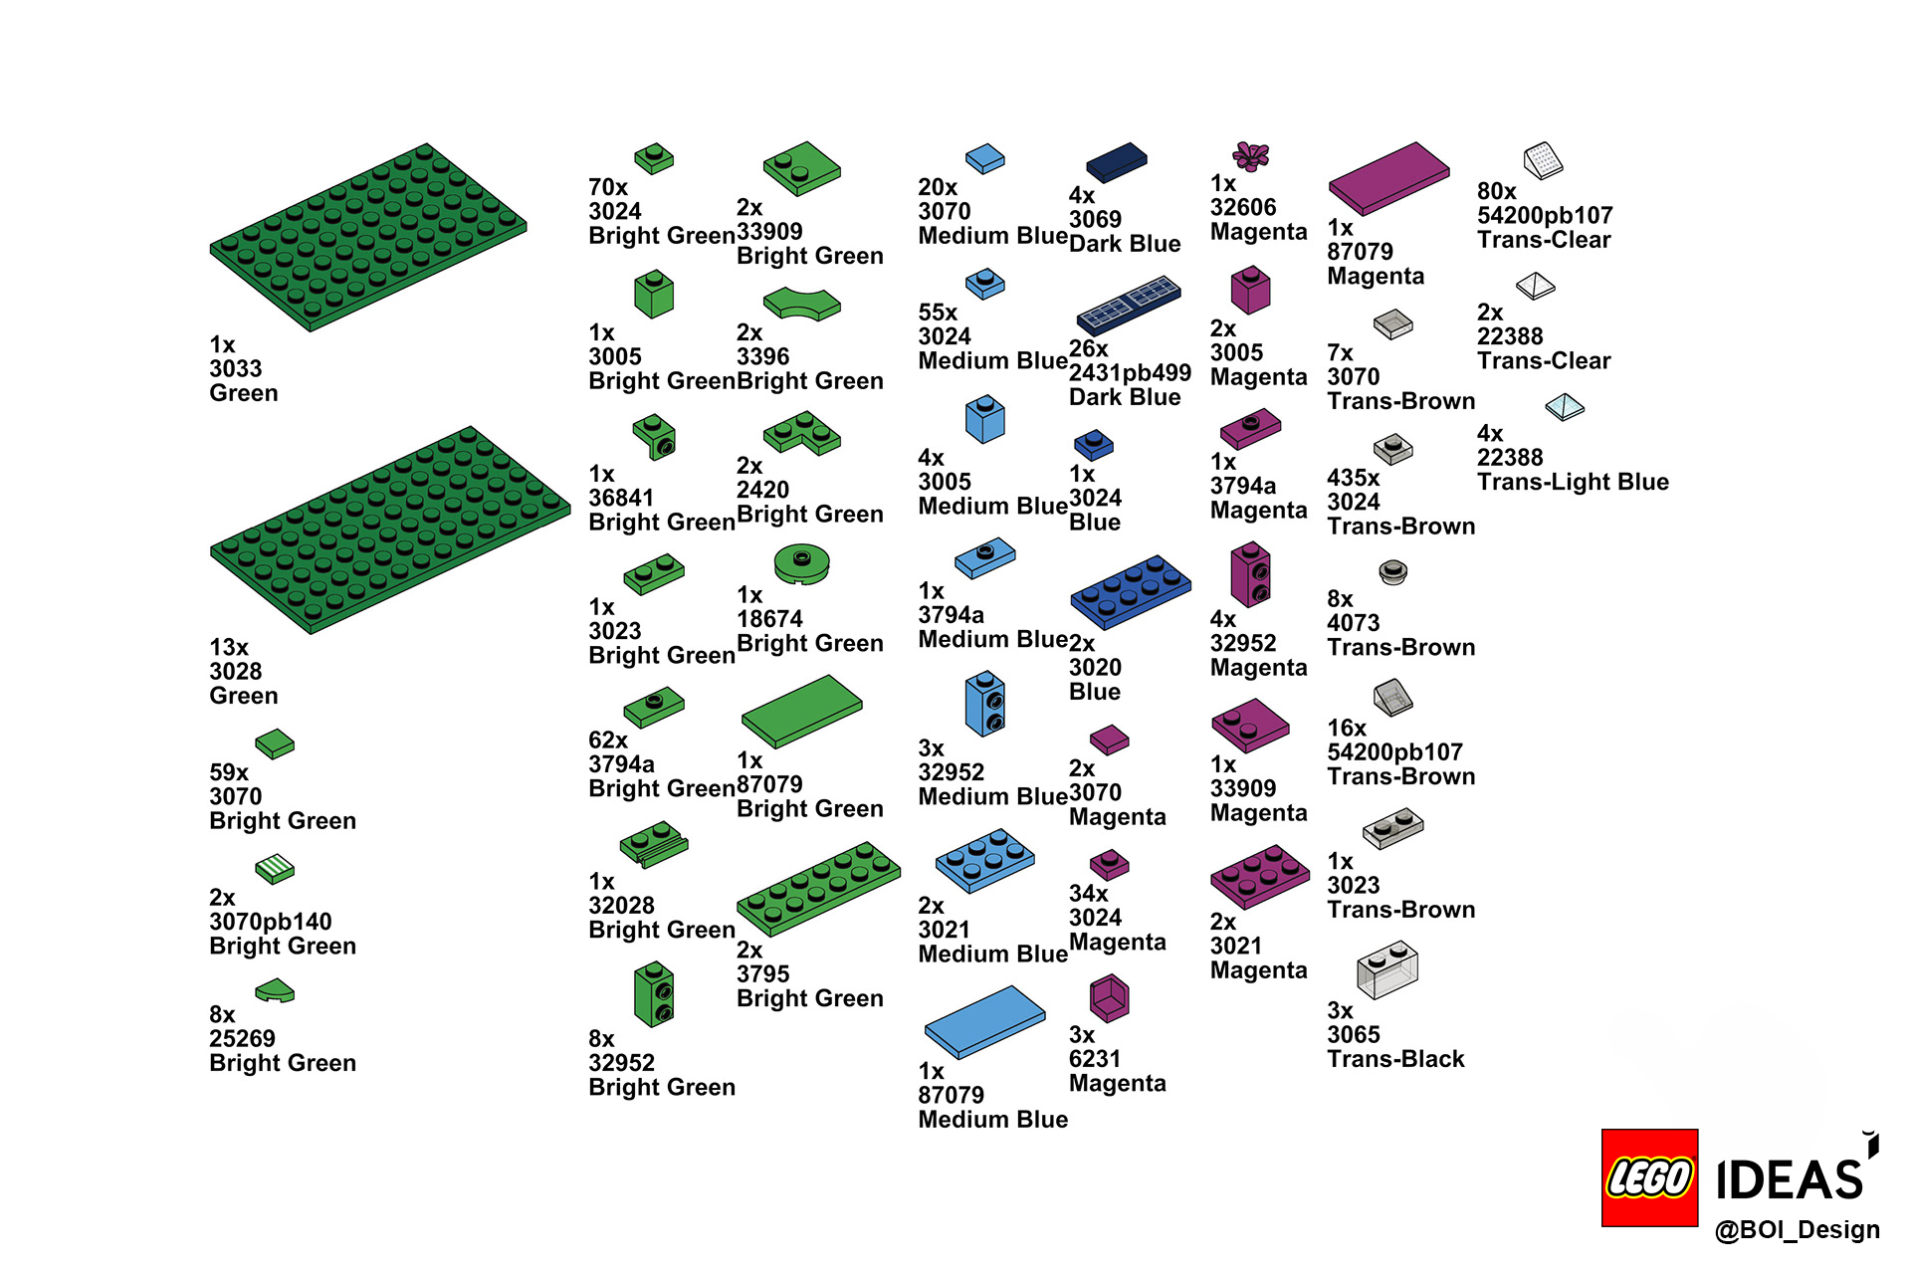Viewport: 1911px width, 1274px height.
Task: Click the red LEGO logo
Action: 1649,1177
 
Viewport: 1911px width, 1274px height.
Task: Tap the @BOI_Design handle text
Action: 1797,1230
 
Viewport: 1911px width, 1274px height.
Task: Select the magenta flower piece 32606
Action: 1251,155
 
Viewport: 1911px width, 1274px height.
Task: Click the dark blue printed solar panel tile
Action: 1129,304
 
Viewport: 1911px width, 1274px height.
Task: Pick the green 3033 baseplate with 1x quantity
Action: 368,237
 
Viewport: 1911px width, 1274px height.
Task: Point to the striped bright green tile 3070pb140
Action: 275,869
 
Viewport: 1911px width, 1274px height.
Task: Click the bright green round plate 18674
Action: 801,563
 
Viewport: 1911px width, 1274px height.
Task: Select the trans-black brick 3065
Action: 1387,970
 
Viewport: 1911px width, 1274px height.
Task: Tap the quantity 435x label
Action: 1353,478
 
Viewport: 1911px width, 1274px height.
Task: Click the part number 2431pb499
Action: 1130,373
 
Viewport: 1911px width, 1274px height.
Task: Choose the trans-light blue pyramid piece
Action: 1565,407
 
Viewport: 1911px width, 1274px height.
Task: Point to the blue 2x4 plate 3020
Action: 1131,591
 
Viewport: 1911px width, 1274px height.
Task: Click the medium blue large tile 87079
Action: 984,1021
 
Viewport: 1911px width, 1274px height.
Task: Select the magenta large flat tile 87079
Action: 1388,178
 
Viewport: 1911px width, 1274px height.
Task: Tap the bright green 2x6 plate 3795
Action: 818,889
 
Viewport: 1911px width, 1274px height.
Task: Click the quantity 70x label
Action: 608,187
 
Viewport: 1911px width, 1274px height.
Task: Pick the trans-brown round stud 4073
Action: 1392,572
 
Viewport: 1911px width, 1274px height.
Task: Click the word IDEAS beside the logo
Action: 1790,1180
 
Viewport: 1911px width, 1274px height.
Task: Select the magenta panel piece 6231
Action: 1109,997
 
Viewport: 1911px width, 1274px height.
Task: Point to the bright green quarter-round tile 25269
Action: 275,990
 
